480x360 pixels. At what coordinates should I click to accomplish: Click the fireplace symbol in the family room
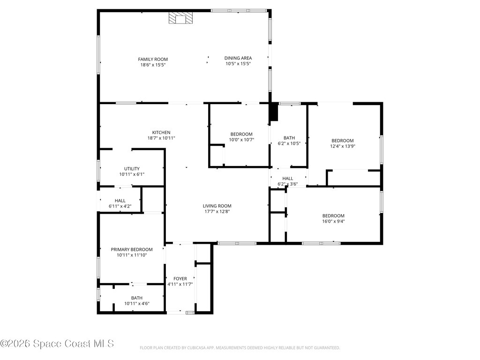(x=180, y=18)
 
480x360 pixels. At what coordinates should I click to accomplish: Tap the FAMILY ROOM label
(x=153, y=59)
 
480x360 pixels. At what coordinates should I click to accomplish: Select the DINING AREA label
(x=238, y=58)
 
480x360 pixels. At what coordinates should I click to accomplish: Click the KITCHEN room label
(x=161, y=132)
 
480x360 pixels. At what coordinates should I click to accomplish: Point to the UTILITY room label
(x=132, y=169)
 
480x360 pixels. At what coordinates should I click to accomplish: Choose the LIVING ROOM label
(x=217, y=206)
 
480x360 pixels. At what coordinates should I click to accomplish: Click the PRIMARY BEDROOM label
(x=132, y=249)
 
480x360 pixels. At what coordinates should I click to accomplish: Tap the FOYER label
(x=180, y=278)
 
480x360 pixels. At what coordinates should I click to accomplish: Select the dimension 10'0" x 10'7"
(x=241, y=140)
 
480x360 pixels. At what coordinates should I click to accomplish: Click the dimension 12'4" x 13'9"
(x=342, y=146)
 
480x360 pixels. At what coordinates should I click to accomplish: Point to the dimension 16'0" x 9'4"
(x=333, y=221)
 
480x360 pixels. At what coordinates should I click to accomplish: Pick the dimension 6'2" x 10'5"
(x=289, y=143)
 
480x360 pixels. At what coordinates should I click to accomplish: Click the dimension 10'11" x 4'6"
(x=136, y=304)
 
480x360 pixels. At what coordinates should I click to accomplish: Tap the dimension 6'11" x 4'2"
(x=120, y=206)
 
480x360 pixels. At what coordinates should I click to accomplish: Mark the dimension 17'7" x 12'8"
(x=217, y=211)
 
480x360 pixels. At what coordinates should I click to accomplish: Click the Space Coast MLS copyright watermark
(x=57, y=344)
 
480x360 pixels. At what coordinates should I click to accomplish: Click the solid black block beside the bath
(x=274, y=112)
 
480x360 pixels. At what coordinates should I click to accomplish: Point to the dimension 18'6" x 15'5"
(x=153, y=65)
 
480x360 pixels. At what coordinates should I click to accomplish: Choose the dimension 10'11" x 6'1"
(x=132, y=174)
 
